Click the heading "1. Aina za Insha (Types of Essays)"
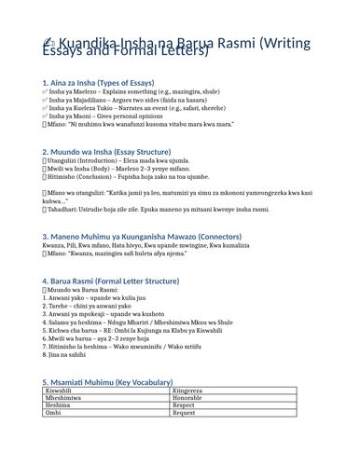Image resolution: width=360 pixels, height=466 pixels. click(88, 83)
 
